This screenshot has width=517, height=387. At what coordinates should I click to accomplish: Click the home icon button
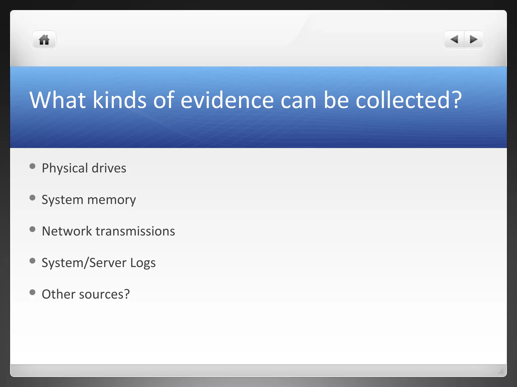tap(44, 40)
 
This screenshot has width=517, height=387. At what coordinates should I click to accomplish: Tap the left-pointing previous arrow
tap(454, 40)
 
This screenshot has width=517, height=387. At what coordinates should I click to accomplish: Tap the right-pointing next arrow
tap(474, 40)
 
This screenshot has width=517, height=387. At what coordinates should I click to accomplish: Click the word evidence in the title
tap(227, 100)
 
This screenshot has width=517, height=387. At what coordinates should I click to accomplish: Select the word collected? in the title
tap(409, 100)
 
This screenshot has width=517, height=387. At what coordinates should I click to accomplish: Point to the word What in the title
tap(57, 100)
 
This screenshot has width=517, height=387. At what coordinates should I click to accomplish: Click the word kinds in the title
tap(119, 100)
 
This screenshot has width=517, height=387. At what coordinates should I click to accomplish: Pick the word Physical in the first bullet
tap(65, 168)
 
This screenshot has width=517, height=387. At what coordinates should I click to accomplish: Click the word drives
tap(109, 168)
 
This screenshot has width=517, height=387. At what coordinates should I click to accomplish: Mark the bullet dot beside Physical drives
tap(32, 166)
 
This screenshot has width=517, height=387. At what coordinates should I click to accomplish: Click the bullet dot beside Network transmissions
tap(32, 229)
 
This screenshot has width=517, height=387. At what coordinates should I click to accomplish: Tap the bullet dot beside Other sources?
tap(32, 292)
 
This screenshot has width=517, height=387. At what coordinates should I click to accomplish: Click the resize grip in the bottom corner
tap(501, 371)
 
